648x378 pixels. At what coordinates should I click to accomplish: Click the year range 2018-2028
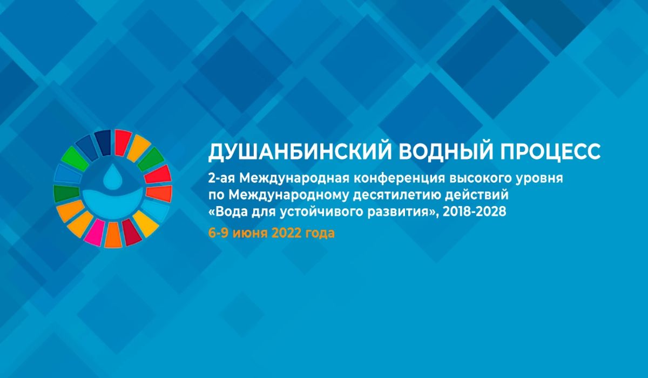pos(475,212)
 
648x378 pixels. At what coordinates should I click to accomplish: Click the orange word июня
pos(250,234)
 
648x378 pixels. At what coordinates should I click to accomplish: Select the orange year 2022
pos(286,233)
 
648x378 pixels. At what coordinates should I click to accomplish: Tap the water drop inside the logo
pos(113,177)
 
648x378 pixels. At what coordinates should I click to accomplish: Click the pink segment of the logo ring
pos(94,232)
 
